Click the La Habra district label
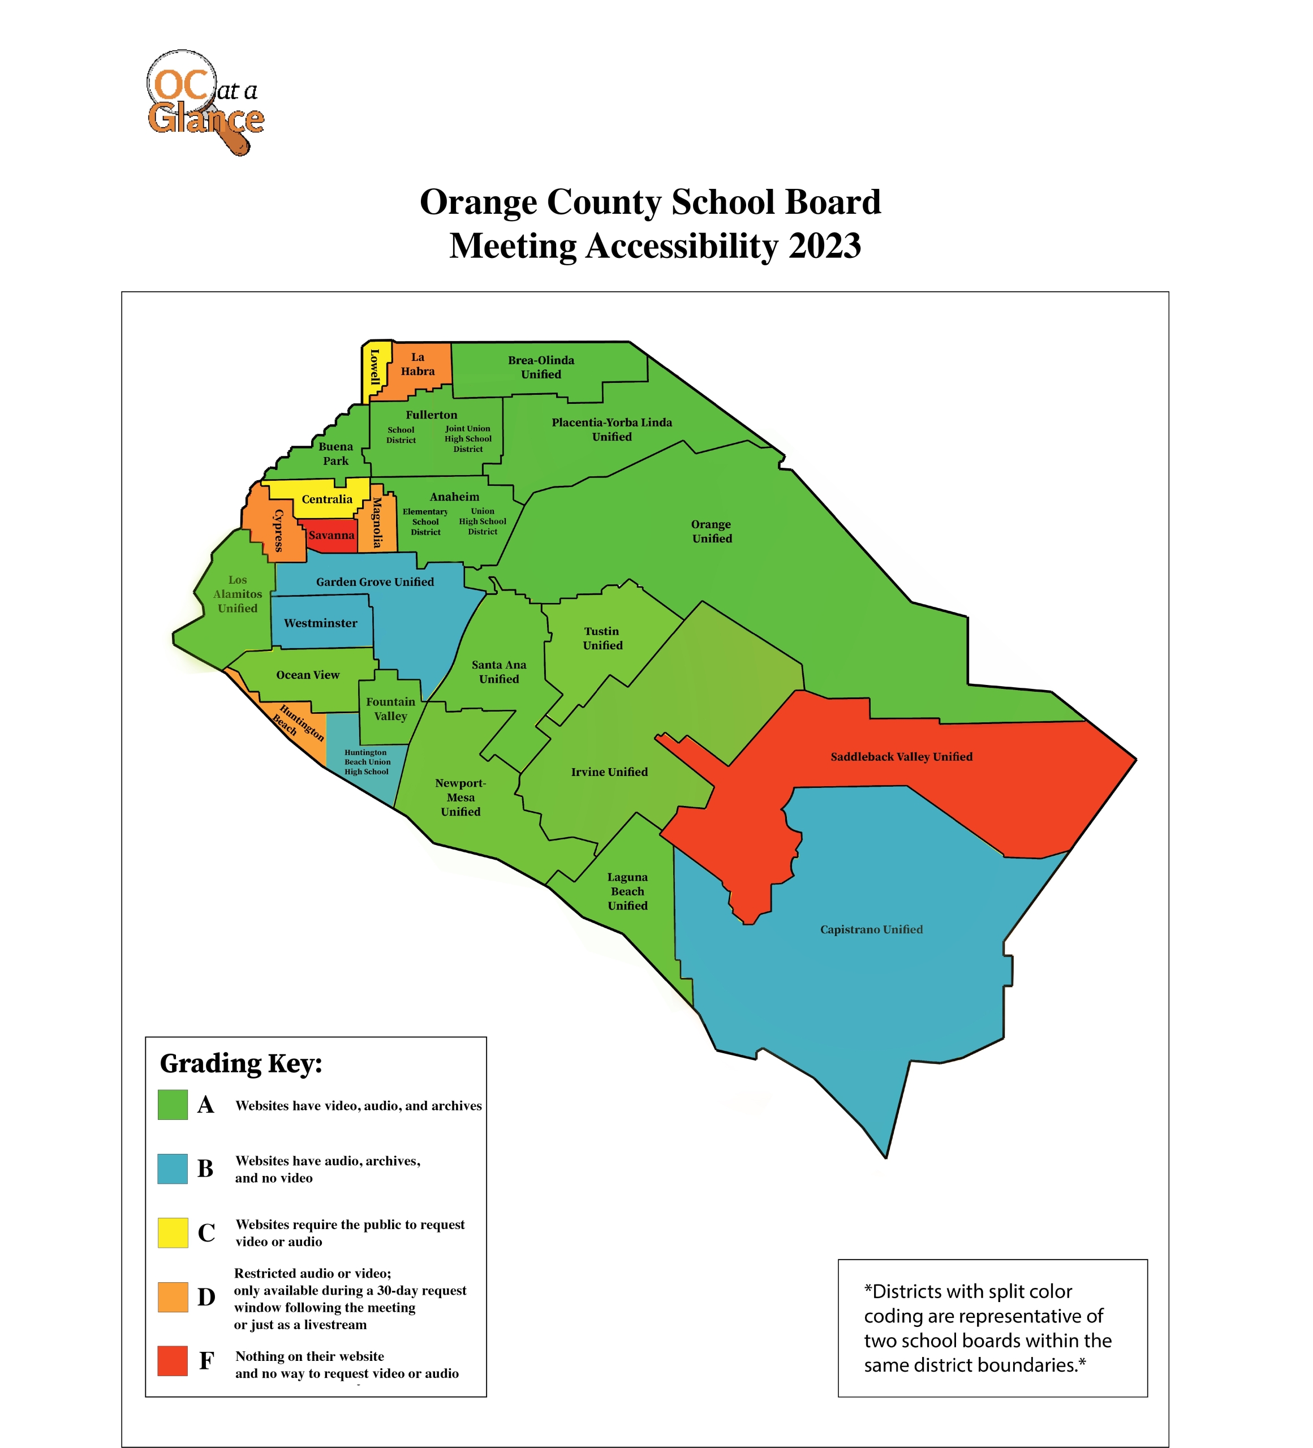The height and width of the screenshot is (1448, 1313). point(417,364)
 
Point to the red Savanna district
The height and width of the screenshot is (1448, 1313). point(331,535)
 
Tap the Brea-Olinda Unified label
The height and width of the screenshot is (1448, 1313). point(541,367)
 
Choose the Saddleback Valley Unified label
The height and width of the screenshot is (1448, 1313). point(901,756)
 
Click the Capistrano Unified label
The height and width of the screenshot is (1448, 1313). point(871,929)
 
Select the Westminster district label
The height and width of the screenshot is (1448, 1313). point(320,623)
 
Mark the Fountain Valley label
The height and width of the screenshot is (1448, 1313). point(390,709)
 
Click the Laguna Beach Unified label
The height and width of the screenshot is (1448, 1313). point(627,891)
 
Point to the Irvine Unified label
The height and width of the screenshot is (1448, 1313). point(609,772)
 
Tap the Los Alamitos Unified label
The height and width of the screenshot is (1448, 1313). point(238,594)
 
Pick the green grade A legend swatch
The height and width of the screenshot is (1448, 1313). point(173,1105)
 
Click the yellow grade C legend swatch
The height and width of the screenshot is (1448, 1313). point(173,1232)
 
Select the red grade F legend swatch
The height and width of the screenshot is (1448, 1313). point(173,1361)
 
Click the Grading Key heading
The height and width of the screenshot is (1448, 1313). point(240,1063)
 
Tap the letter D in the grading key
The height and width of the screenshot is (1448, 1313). point(206,1297)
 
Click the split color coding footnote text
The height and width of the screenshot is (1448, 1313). point(987,1328)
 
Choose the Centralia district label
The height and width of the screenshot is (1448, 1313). point(327,499)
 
